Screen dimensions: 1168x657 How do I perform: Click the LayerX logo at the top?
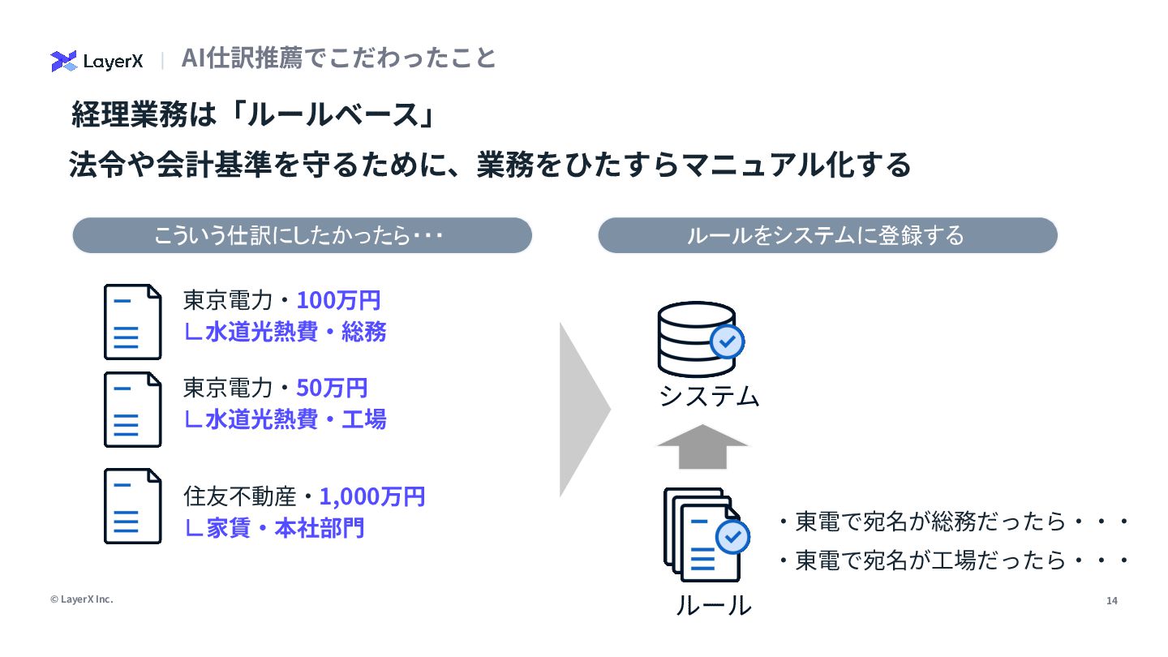coord(97,61)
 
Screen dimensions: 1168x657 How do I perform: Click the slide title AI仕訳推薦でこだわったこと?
coord(338,58)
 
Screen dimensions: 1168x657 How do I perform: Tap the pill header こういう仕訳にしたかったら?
coord(302,235)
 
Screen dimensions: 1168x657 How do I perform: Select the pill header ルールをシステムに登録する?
coord(827,235)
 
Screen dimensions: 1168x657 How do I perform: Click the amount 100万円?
coord(338,300)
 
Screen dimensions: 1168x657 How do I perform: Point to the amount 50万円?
coord(332,388)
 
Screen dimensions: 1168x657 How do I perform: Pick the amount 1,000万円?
coord(371,496)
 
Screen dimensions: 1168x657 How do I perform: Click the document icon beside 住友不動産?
coord(132,505)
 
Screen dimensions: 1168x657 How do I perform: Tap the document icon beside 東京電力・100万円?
coord(132,321)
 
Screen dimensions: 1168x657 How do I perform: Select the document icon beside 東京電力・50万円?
coord(132,409)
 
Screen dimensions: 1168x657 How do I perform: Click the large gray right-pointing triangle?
coord(584,410)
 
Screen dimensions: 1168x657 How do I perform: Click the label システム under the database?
coord(708,396)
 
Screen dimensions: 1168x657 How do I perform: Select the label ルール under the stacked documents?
coord(713,604)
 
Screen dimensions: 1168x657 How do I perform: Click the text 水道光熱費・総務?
coord(285,332)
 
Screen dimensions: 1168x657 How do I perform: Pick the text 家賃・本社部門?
coord(274,528)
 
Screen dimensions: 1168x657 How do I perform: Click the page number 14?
coord(1111,601)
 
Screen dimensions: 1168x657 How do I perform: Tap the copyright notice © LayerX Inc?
coord(81,599)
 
